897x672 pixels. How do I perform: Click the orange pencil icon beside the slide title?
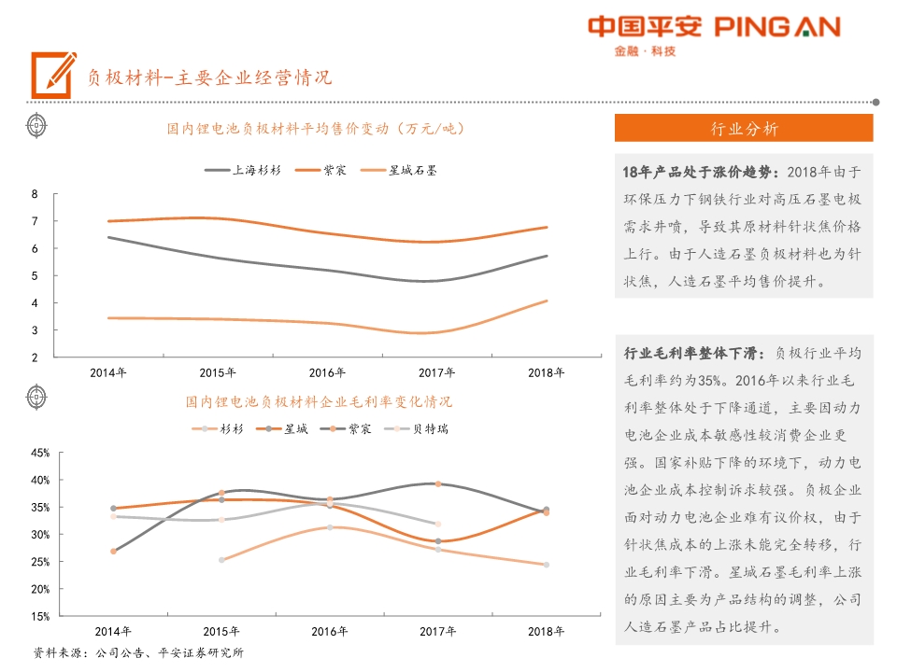(x=53, y=75)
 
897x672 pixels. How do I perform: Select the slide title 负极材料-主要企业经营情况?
(x=209, y=77)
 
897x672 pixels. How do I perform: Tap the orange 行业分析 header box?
(x=744, y=129)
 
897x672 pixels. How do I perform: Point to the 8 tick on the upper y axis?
(x=35, y=194)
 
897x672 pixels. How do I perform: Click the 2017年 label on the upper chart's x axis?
(x=436, y=372)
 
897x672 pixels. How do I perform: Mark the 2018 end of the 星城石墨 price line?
(x=547, y=301)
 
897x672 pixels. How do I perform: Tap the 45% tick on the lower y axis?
(x=40, y=453)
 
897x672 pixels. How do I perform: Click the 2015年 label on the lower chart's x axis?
(x=218, y=631)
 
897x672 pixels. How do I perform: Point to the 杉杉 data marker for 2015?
(x=221, y=560)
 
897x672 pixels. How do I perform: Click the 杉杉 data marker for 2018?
(x=547, y=565)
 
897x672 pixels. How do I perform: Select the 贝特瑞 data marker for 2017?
(x=437, y=524)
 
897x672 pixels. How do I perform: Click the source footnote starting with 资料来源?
(x=137, y=652)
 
